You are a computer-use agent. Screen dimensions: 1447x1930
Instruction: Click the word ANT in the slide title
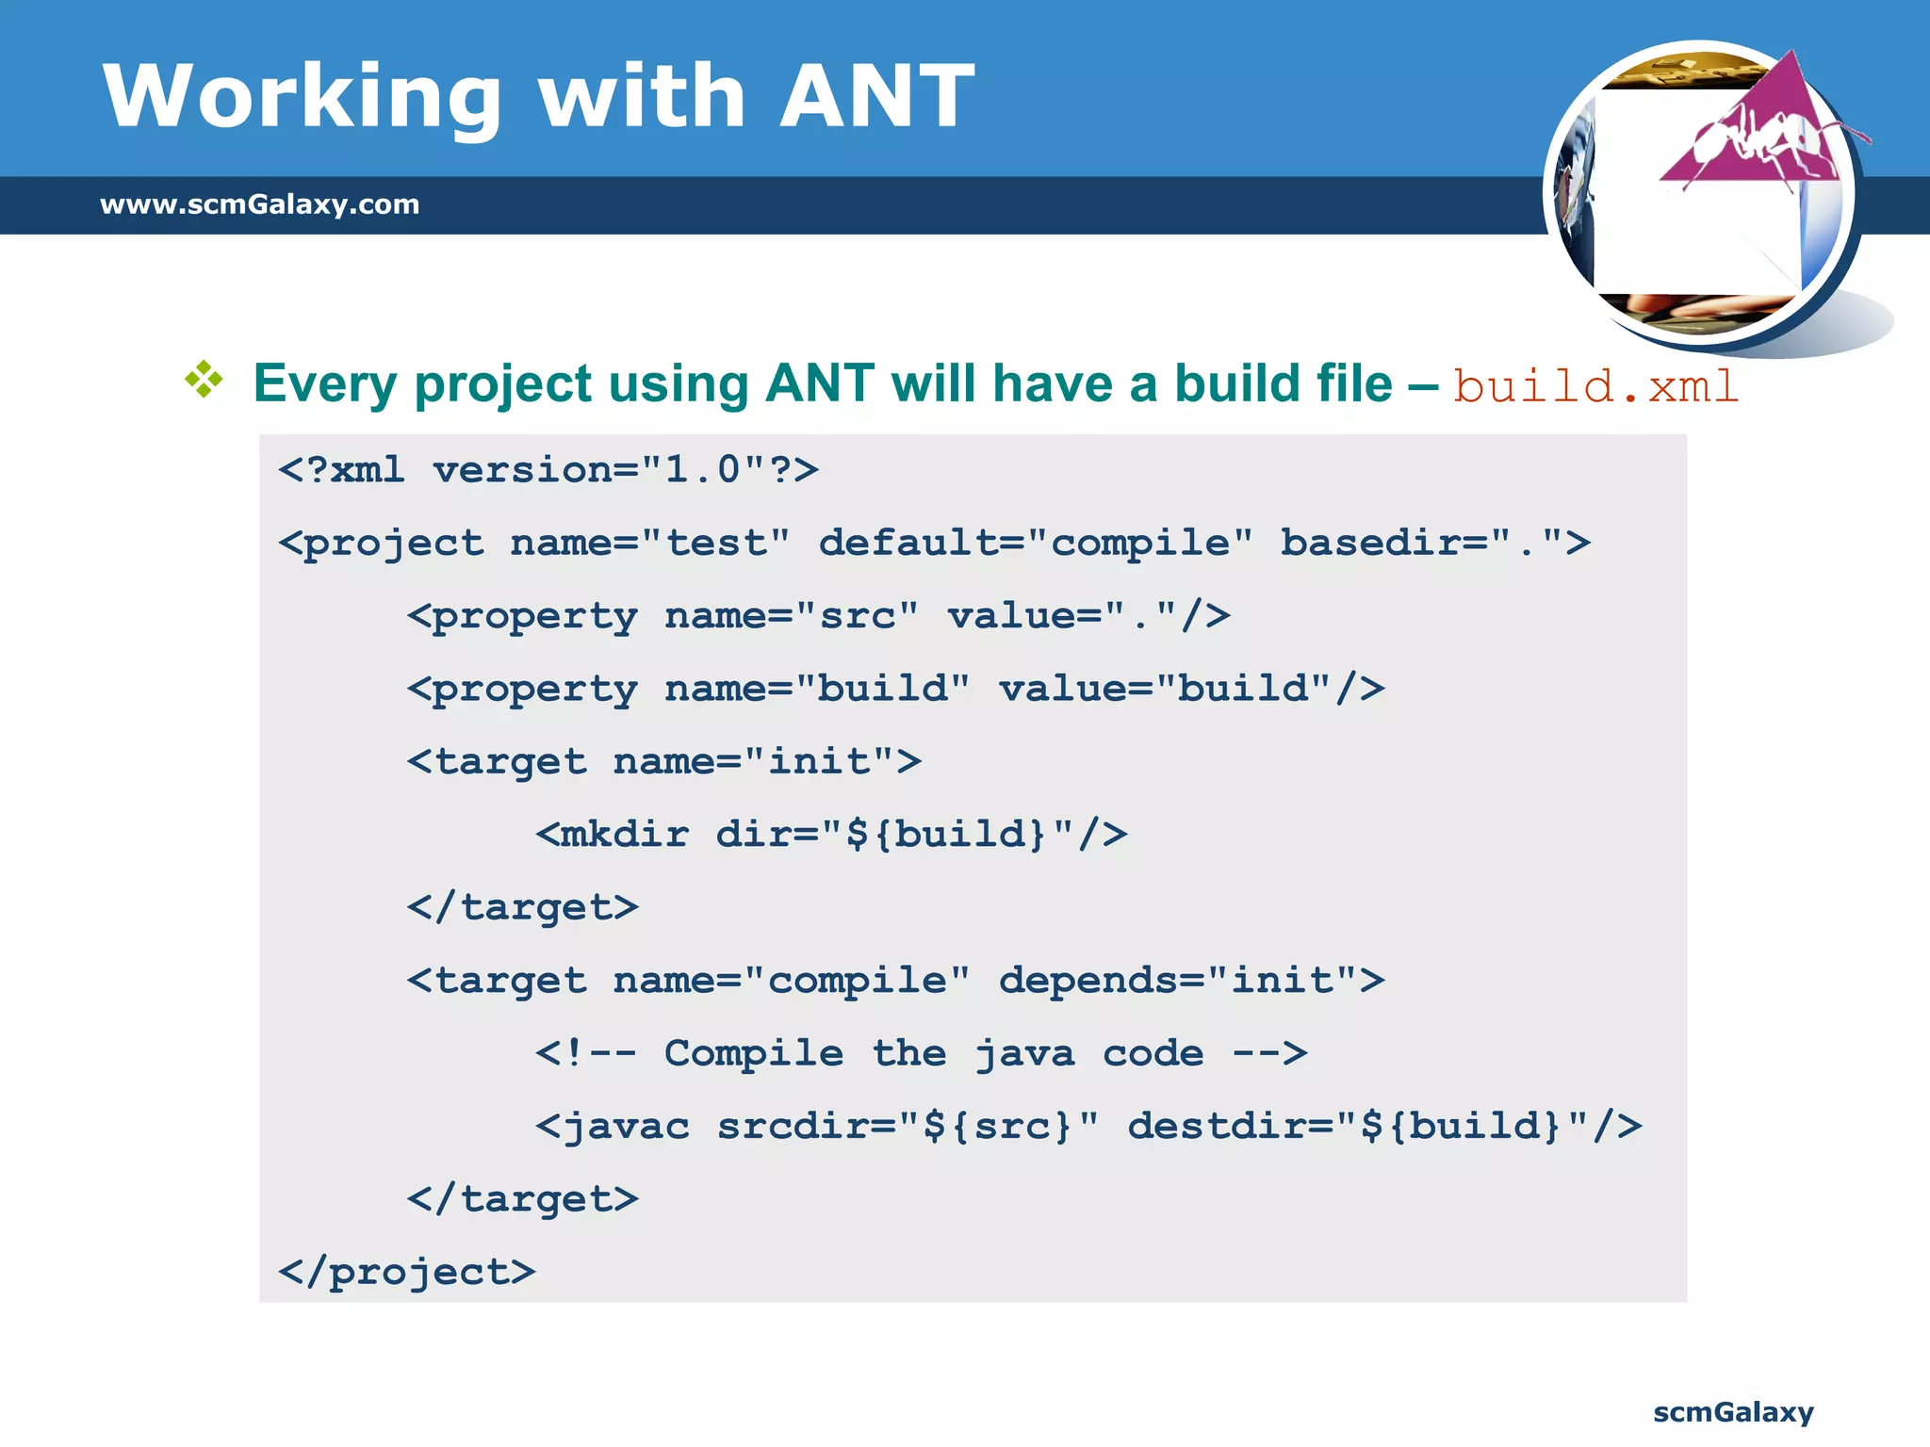pyautogui.click(x=876, y=96)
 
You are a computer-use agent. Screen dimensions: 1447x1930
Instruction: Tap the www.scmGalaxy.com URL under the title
pyautogui.click(x=259, y=204)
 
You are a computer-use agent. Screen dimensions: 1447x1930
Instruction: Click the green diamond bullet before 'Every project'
pyautogui.click(x=204, y=380)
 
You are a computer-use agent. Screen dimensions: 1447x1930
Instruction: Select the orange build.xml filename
pyautogui.click(x=1595, y=386)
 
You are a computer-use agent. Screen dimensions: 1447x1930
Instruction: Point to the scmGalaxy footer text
pyautogui.click(x=1732, y=1412)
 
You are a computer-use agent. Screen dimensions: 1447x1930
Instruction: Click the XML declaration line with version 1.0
pyautogui.click(x=548, y=469)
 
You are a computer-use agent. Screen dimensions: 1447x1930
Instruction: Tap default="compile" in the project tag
pyautogui.click(x=1035, y=543)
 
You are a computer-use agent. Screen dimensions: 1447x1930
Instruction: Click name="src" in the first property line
pyautogui.click(x=791, y=615)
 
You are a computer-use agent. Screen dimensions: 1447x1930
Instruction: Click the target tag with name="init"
pyautogui.click(x=663, y=761)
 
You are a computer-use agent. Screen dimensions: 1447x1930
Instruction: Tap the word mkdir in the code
pyautogui.click(x=624, y=835)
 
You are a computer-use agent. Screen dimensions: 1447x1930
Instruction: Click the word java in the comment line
pyautogui.click(x=1024, y=1053)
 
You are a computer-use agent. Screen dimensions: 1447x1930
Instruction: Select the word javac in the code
pyautogui.click(x=626, y=1127)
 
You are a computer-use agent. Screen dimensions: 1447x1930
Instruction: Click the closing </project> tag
pyautogui.click(x=406, y=1273)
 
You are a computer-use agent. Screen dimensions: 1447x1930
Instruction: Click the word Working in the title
pyautogui.click(x=302, y=96)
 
